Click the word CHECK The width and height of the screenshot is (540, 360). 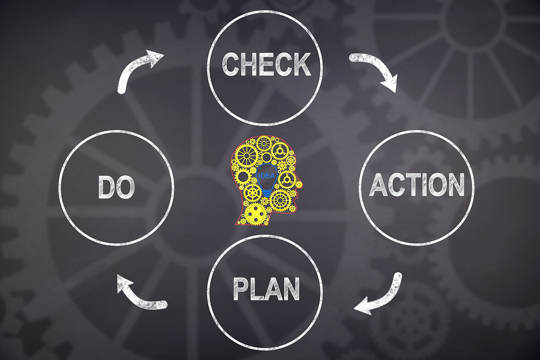266,65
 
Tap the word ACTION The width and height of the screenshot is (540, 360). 416,185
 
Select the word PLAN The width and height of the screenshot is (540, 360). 266,288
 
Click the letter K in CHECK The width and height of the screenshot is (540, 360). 301,65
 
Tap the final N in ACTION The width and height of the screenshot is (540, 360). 455,185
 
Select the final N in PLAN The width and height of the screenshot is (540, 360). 291,288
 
